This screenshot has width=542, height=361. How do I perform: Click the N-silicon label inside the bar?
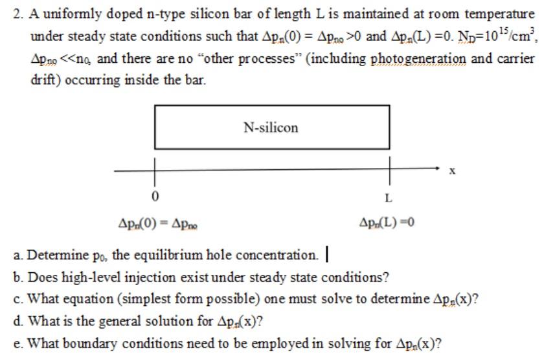pos(271,128)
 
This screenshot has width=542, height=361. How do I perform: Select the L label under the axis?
pos(388,197)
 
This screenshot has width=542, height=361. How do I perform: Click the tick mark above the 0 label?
pos(155,170)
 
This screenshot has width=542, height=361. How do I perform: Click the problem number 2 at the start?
pos(18,13)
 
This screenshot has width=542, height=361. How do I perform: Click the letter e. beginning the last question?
pos(17,343)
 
